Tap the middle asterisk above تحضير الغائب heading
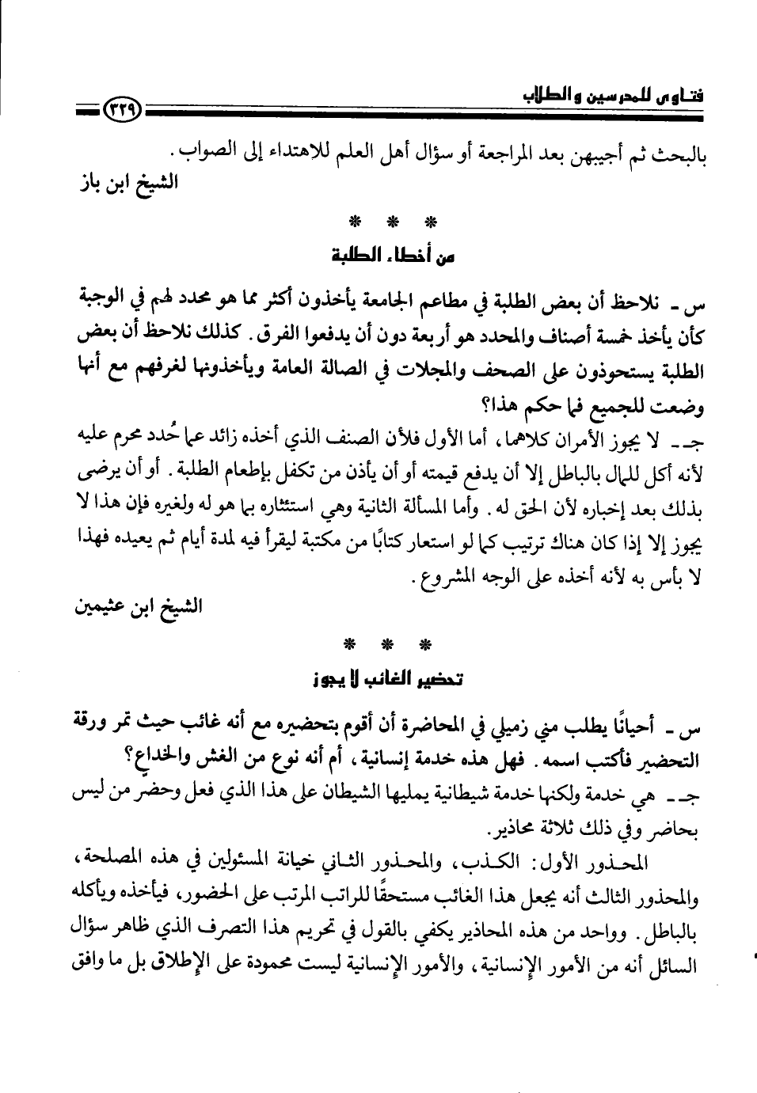tap(387, 644)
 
